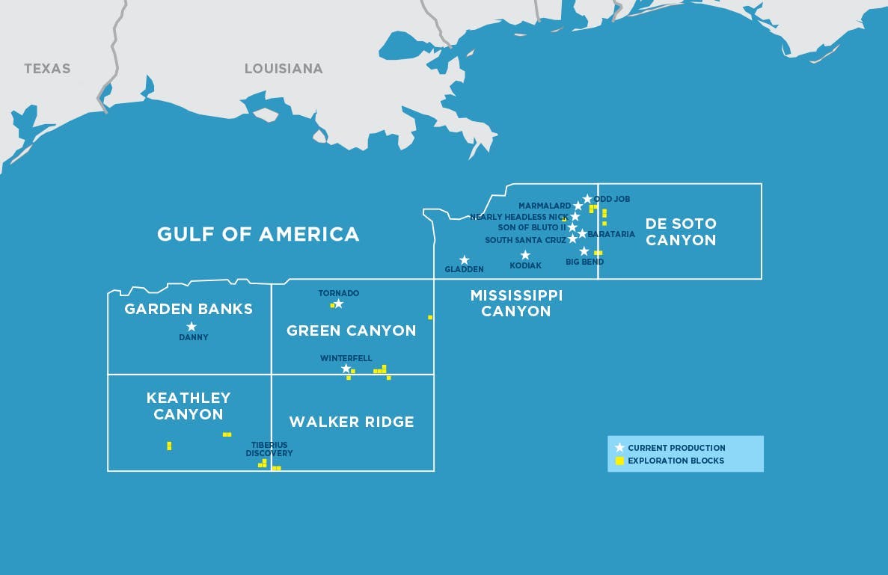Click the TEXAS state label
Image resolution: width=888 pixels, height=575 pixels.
click(47, 69)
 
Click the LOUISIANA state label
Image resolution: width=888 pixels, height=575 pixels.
click(284, 69)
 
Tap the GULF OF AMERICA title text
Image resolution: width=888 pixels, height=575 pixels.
click(258, 234)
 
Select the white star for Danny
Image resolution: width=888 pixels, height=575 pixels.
click(192, 327)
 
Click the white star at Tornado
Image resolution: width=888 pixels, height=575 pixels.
click(338, 304)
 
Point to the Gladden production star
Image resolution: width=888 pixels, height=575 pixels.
click(464, 259)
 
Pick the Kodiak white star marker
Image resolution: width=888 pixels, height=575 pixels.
click(525, 255)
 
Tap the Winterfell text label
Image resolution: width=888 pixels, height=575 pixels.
click(346, 359)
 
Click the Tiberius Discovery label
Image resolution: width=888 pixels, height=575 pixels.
click(269, 449)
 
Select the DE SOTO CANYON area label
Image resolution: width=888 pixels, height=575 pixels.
click(681, 232)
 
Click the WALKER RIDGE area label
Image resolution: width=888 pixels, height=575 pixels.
click(352, 422)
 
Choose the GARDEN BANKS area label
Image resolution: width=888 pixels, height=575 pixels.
click(189, 309)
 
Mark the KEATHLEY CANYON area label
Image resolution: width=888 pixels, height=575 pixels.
click(189, 406)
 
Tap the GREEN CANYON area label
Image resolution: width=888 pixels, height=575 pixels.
click(352, 330)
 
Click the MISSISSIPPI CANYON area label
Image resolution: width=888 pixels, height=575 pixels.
click(516, 303)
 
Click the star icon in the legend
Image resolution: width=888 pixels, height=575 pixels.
click(619, 447)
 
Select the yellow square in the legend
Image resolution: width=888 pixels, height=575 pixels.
click(619, 461)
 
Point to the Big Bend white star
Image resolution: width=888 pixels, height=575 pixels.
click(584, 251)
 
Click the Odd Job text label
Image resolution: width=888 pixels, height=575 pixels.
click(612, 200)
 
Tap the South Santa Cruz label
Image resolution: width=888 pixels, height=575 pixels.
click(525, 241)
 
